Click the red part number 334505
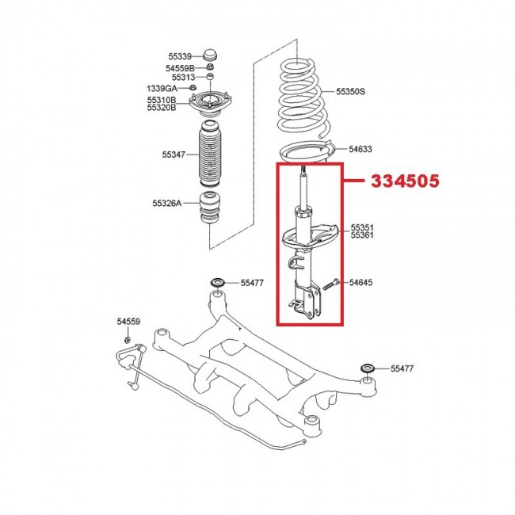pos(406,181)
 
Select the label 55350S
pos(350,92)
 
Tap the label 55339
pos(179,56)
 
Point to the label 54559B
pos(181,68)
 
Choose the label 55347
pos(173,155)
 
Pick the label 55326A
pos(167,203)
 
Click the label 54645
pos(360,282)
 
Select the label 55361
pos(362,235)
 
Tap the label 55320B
pos(162,109)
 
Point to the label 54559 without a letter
pos(128,322)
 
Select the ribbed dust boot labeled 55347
pos(211,154)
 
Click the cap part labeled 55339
pos(211,55)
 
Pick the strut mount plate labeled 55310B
pos(211,104)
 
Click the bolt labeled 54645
pos(330,282)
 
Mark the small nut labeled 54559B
pos(211,69)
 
